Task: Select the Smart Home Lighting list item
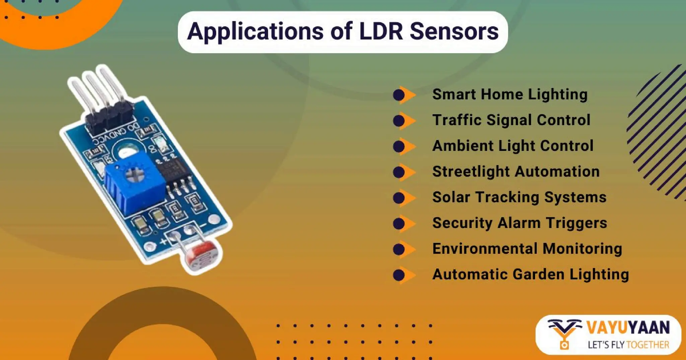pos(510,94)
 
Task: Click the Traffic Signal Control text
pos(511,120)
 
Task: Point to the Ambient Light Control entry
pos(513,146)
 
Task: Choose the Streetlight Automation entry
pos(516,171)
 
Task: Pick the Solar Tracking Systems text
pos(519,197)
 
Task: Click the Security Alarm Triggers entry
pos(520,223)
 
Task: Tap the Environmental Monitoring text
pos(527,249)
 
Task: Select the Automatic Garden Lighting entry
pos(531,274)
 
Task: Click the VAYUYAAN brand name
pos(628,328)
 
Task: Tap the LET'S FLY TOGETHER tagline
pos(628,345)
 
